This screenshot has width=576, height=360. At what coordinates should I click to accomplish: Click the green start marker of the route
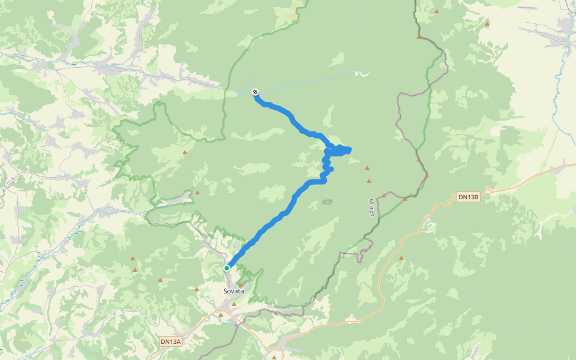(x=227, y=268)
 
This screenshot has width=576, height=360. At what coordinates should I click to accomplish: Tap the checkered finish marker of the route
(x=255, y=92)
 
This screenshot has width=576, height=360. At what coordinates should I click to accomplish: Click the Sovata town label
(x=233, y=291)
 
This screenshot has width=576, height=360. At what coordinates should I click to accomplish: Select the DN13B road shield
(x=468, y=197)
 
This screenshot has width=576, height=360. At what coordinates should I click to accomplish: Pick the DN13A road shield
(x=170, y=341)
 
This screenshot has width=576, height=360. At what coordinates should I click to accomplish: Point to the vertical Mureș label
(x=371, y=208)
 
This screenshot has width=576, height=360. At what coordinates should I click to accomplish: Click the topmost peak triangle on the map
(x=436, y=11)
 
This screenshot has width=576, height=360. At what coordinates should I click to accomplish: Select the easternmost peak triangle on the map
(x=487, y=24)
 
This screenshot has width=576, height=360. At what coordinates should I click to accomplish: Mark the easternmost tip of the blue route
(x=349, y=149)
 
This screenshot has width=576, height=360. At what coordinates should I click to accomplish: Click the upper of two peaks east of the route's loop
(x=367, y=168)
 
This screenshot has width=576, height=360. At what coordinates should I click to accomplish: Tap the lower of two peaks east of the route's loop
(x=369, y=181)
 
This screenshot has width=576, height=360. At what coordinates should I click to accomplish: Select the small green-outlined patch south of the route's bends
(x=328, y=202)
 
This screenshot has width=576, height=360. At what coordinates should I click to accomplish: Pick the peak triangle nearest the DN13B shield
(x=426, y=177)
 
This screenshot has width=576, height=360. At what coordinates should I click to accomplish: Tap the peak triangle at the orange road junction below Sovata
(x=221, y=314)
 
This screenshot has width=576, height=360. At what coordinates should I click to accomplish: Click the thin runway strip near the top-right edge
(x=527, y=8)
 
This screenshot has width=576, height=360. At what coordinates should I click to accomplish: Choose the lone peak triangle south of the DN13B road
(x=401, y=259)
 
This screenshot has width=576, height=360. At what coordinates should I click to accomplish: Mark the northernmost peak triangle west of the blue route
(x=185, y=152)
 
